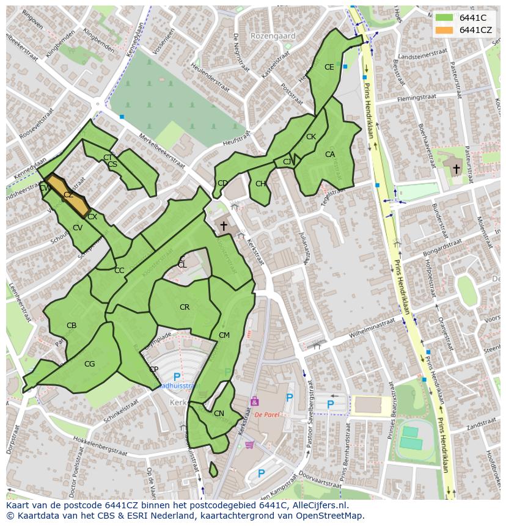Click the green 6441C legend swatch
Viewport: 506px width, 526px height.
444,17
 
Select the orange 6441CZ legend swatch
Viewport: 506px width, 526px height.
444,30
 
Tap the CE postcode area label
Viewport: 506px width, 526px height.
329,67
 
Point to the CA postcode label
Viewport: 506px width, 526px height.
330,155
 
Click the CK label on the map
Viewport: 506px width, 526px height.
311,137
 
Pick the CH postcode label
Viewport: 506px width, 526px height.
261,184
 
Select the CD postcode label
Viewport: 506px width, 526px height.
222,183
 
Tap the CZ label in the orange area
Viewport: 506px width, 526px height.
68,195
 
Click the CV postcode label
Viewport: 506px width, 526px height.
78,228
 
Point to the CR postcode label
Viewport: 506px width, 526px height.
185,307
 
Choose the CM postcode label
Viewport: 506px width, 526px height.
224,335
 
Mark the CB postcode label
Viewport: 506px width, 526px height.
71,326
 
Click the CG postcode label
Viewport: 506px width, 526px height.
90,364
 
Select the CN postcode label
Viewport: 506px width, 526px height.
219,414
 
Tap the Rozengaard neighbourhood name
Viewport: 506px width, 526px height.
273,36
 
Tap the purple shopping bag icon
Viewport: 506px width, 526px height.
254,401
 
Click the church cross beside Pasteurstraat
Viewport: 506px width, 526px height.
457,167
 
